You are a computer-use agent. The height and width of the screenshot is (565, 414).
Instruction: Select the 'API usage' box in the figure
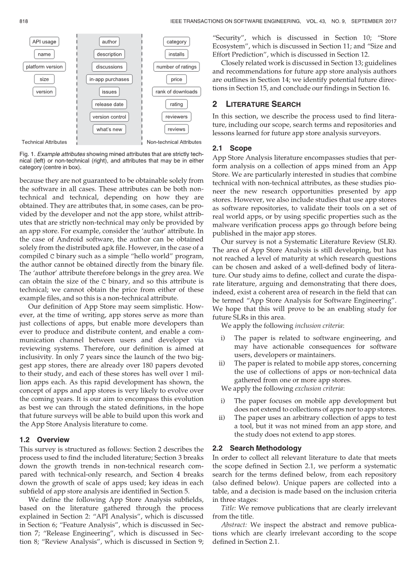click(44, 42)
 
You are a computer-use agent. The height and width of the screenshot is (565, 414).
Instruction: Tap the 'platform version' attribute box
click(44, 67)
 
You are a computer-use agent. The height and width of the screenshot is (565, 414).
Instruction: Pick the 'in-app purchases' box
click(109, 79)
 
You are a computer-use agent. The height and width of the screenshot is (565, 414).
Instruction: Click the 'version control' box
click(109, 117)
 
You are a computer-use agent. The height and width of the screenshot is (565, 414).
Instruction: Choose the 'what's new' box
click(109, 129)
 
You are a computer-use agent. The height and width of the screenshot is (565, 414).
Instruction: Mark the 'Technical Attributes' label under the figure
click(44, 142)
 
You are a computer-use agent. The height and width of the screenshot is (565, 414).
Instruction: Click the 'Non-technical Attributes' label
click(174, 142)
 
